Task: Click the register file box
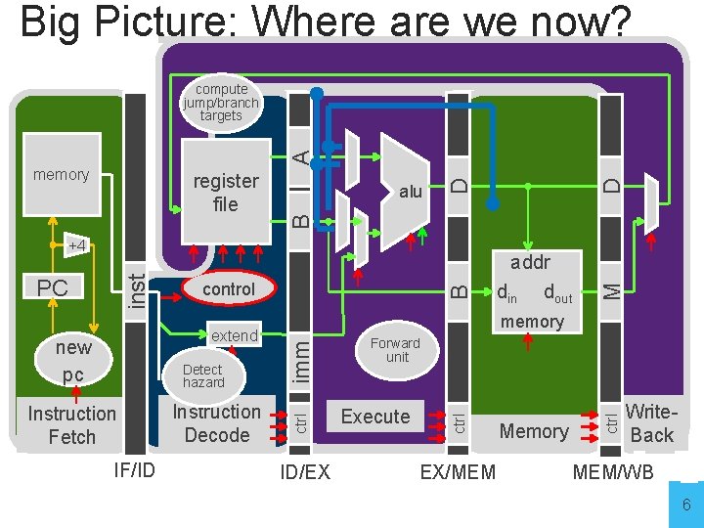click(x=226, y=192)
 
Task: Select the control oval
click(x=228, y=289)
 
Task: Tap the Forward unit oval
click(x=395, y=350)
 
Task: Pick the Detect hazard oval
click(x=203, y=375)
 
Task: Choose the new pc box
click(x=73, y=361)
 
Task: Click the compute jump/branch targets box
click(x=221, y=103)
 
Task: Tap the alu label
click(x=411, y=192)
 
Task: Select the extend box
click(x=235, y=335)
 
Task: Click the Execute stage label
click(x=375, y=417)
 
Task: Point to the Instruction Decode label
click(x=217, y=423)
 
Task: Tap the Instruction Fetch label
click(x=72, y=425)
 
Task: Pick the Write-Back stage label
click(x=651, y=423)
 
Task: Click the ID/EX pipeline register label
click(x=305, y=473)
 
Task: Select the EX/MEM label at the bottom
click(x=458, y=473)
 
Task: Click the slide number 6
click(x=686, y=506)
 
